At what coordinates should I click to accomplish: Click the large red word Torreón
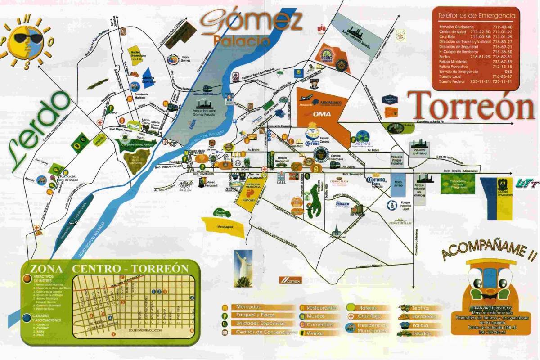point(471,107)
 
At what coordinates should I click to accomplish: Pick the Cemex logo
point(289,280)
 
